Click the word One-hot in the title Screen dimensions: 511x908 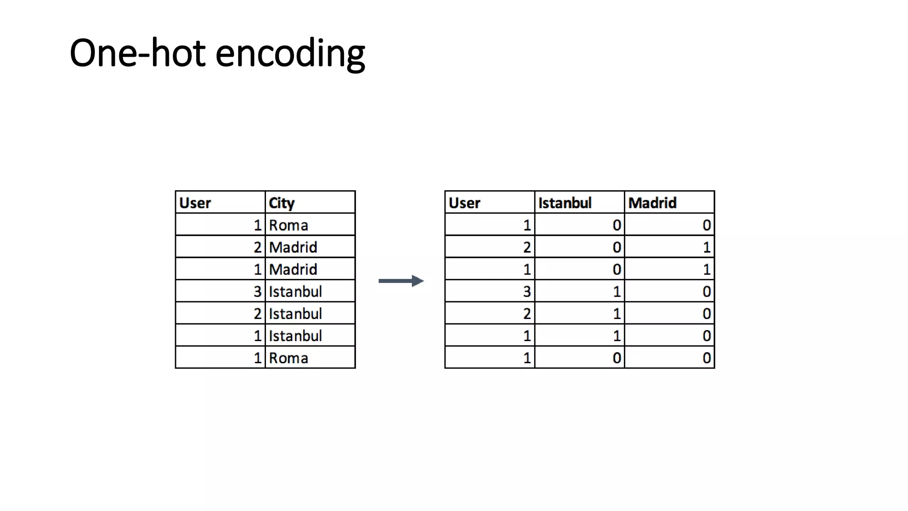coord(137,53)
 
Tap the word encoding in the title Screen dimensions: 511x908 coord(290,54)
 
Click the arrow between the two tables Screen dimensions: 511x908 coord(401,281)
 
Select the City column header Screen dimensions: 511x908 coord(282,203)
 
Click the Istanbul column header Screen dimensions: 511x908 coord(565,203)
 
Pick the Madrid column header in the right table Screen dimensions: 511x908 coord(652,203)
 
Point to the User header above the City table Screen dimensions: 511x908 coord(195,203)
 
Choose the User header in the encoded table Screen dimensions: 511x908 coord(464,203)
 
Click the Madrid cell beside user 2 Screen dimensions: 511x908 coord(293,247)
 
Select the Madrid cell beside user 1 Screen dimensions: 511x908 coord(293,269)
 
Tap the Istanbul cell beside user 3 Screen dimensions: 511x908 coord(295,291)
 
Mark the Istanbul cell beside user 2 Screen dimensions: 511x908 coord(295,314)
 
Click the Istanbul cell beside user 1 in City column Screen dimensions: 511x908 coord(295,336)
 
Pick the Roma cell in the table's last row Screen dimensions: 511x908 coord(288,358)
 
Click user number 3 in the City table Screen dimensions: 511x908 coord(257,291)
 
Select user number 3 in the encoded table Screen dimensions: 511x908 coord(527,291)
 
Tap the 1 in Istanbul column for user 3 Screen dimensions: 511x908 coord(617,291)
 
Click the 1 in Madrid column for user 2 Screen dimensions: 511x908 coord(707,247)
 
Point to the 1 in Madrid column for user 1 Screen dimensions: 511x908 coord(707,269)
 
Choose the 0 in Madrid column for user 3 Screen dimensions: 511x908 coord(707,291)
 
